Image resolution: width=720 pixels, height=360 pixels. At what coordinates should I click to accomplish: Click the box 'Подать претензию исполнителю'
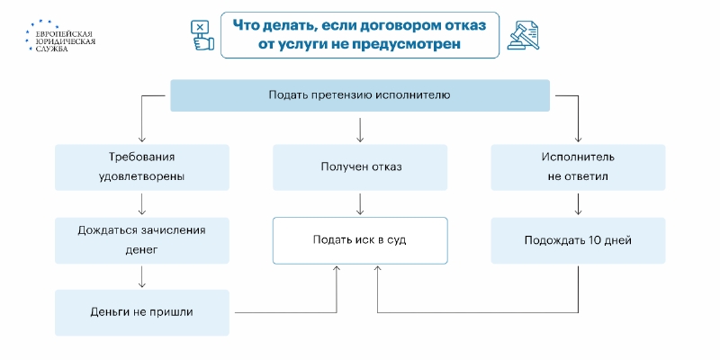point(360,95)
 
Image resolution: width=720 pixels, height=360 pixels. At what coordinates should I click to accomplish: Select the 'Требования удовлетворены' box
point(142,167)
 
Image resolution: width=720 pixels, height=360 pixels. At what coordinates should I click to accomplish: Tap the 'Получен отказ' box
point(360,167)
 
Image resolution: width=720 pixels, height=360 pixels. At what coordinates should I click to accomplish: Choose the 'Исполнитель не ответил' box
point(578,167)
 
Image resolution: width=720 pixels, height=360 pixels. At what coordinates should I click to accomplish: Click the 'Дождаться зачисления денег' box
point(142,240)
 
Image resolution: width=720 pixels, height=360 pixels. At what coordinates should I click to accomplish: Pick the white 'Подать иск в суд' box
point(360,240)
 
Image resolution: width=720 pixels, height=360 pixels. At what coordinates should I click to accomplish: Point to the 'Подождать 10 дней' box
point(578,240)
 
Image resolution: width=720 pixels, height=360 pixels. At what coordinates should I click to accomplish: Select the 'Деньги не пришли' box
point(142,312)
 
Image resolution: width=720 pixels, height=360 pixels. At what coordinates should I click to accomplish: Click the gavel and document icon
point(523,34)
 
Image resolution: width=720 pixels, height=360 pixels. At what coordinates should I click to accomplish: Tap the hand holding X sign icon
point(202,35)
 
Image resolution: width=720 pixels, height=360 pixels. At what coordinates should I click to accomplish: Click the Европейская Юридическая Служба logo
point(60,36)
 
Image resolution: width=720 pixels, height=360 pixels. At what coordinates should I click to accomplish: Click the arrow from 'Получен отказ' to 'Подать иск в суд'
point(360,204)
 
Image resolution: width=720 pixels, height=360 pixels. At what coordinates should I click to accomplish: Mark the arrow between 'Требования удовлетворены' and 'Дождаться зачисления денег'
point(142,204)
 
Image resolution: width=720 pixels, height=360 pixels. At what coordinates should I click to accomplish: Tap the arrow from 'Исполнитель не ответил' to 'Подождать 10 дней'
point(578,204)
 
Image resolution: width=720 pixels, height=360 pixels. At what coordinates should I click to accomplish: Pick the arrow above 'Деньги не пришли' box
point(142,277)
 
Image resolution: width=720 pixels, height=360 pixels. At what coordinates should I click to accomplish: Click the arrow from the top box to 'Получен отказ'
point(360,130)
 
